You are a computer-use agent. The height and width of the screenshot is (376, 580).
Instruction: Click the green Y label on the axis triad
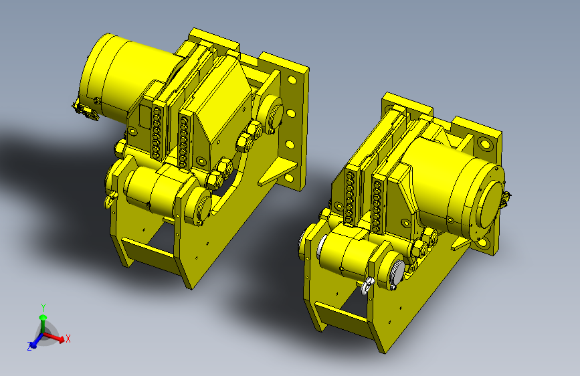(x=43, y=307)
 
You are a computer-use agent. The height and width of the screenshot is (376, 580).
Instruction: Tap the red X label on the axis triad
(x=68, y=339)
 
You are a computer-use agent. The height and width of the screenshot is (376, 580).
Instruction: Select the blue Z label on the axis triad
(x=29, y=347)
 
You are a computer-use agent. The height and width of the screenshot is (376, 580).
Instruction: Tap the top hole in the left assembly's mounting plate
(x=292, y=80)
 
